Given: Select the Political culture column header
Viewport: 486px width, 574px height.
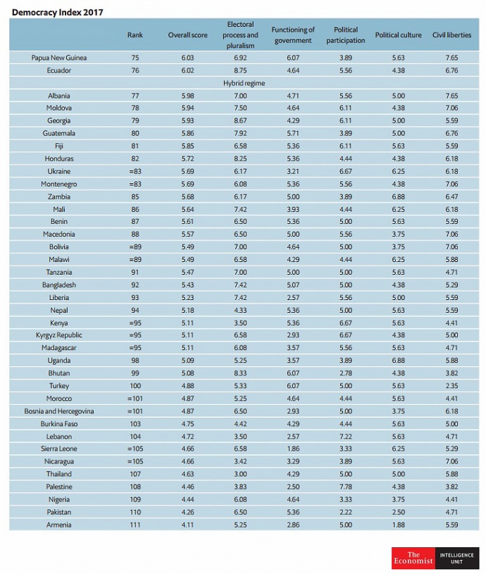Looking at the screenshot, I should click(398, 35).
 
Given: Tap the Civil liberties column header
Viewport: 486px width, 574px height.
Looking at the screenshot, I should click(451, 35).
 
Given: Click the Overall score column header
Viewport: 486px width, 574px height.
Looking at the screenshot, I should click(188, 35).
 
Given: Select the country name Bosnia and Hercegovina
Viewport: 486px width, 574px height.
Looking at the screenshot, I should click(59, 411).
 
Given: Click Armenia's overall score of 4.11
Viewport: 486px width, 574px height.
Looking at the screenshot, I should click(188, 525).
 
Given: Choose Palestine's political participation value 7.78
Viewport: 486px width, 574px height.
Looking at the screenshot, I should click(346, 487).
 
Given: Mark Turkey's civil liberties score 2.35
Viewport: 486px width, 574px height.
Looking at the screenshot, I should click(451, 386).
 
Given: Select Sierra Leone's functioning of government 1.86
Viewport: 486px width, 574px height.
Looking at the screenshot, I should click(293, 449).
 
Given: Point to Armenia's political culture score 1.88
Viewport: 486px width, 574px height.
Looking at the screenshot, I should click(398, 525).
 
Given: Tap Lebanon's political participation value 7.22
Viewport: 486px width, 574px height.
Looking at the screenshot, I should click(346, 437).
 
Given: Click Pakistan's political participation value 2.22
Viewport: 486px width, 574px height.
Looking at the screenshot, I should click(346, 512).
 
